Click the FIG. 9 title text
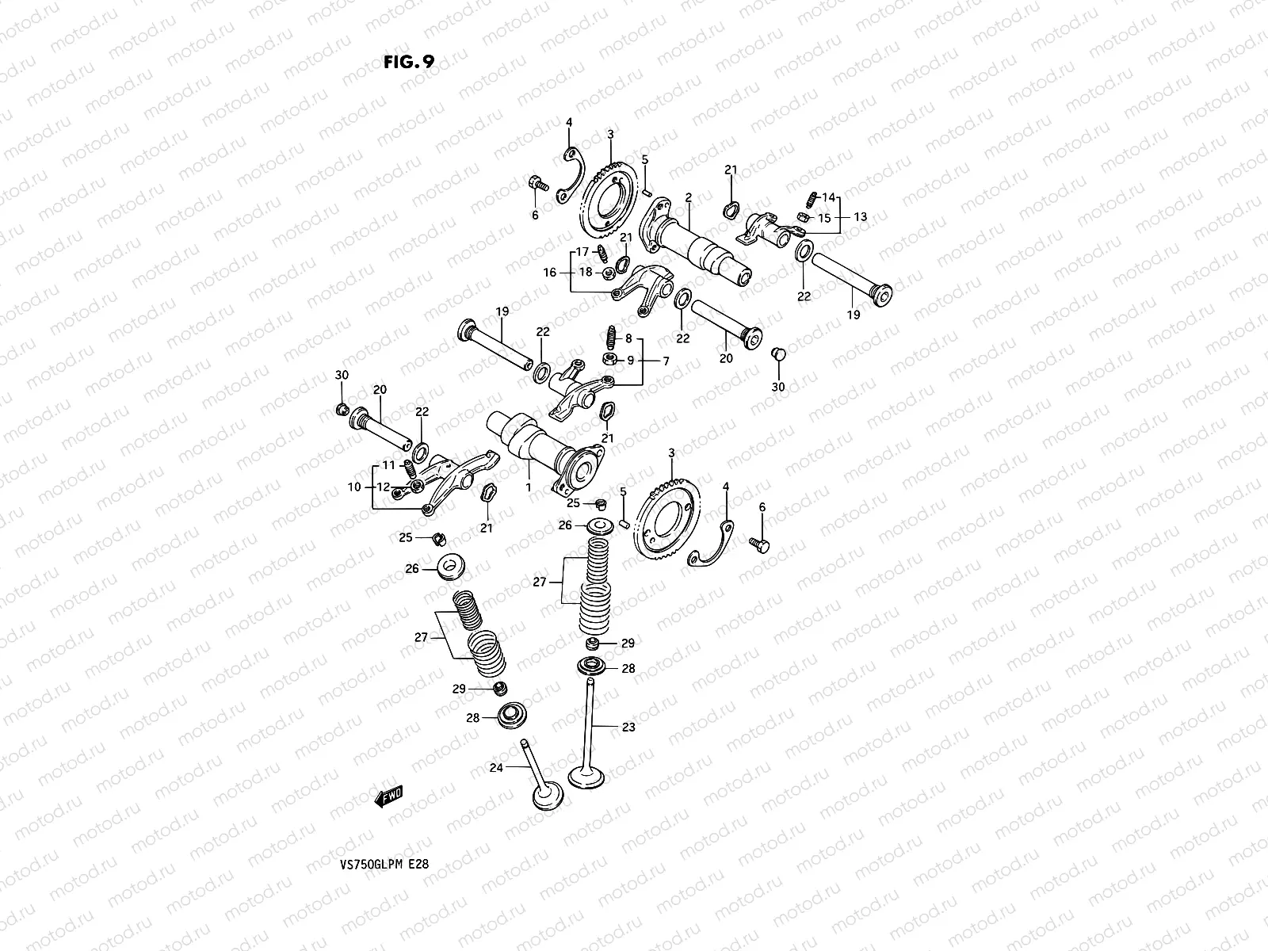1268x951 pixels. [x=409, y=63]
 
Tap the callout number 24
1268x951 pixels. [x=496, y=767]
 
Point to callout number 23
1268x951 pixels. [x=628, y=726]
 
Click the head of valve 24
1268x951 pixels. [x=547, y=796]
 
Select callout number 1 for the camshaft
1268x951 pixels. [x=528, y=489]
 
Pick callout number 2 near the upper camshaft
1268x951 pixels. [x=689, y=197]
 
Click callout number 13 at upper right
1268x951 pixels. [x=860, y=216]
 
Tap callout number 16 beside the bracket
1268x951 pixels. [x=550, y=272]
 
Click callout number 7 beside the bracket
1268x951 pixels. [x=666, y=361]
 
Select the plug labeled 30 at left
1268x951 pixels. [x=342, y=409]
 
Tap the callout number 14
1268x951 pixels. [x=828, y=197]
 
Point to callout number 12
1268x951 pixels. [x=384, y=487]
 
